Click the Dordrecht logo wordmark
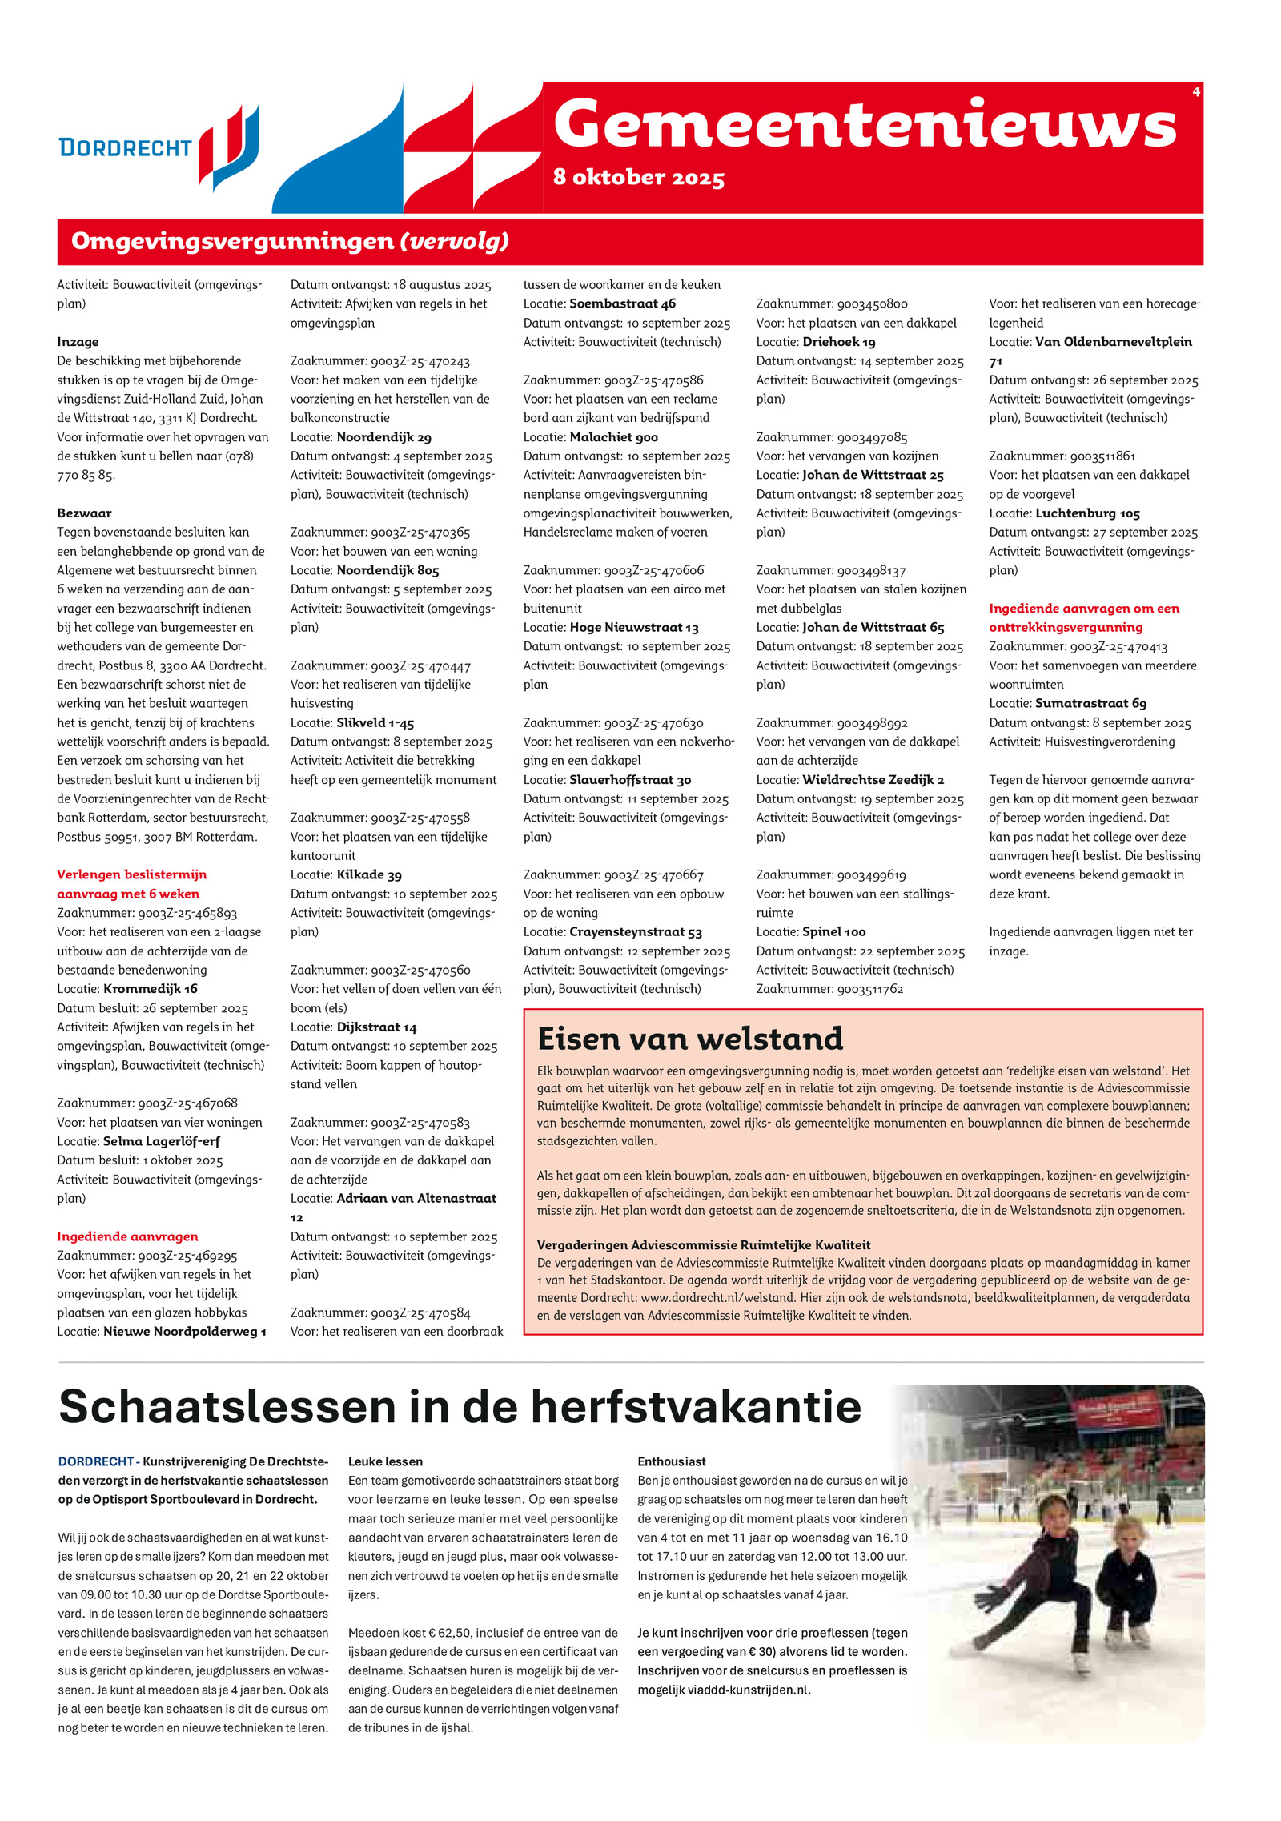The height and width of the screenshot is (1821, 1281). [x=126, y=148]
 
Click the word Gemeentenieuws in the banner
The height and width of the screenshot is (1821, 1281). [x=865, y=124]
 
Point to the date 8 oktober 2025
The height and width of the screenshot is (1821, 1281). [x=638, y=177]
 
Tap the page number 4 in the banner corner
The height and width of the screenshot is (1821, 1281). [x=1196, y=92]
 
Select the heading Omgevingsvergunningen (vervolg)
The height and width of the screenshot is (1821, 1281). [x=290, y=241]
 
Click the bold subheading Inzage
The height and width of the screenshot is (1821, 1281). [x=78, y=342]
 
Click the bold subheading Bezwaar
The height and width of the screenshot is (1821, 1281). [x=84, y=513]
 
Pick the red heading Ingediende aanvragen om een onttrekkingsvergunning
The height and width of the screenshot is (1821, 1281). [x=1083, y=618]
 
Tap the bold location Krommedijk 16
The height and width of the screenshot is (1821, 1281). [x=151, y=989]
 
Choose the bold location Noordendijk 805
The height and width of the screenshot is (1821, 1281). [x=388, y=570]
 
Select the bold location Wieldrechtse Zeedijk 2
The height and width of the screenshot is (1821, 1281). [x=873, y=780]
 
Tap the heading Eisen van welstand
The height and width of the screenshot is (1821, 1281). [x=690, y=1039]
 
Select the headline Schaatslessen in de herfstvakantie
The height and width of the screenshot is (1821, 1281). [x=460, y=1406]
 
